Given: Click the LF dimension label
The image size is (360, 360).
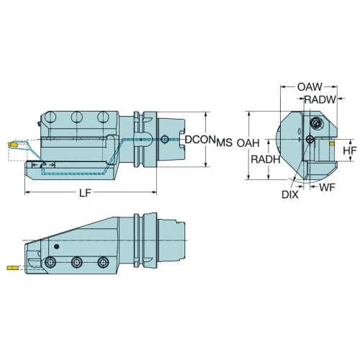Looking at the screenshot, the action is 85,193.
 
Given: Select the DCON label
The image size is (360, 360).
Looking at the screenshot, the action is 199,140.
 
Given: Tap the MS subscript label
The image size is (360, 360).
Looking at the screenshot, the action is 225,143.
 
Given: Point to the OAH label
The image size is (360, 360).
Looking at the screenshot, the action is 248,143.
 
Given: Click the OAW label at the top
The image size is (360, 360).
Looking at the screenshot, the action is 310,87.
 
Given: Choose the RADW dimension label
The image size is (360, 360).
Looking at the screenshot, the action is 320,99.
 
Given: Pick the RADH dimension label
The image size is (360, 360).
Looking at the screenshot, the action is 266,159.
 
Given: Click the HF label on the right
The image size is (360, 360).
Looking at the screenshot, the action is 350,150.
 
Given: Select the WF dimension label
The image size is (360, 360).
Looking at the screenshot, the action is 327,187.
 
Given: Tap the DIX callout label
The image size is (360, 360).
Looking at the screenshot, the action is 290,195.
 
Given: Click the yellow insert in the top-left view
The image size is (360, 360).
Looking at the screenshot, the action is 12,145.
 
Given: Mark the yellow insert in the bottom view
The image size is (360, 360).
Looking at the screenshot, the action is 12,268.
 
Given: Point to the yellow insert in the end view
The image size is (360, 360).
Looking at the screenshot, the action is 332,144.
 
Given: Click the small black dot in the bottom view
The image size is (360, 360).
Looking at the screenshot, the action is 56,246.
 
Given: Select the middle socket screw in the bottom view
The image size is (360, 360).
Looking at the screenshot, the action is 77,262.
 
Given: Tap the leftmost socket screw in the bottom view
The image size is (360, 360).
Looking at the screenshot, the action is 50,262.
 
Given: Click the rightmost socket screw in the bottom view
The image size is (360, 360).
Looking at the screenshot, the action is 103,262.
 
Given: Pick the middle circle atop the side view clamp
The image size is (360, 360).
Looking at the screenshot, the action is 77,117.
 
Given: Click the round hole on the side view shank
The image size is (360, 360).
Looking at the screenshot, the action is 164,139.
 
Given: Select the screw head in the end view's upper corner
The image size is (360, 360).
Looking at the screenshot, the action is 315,123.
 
